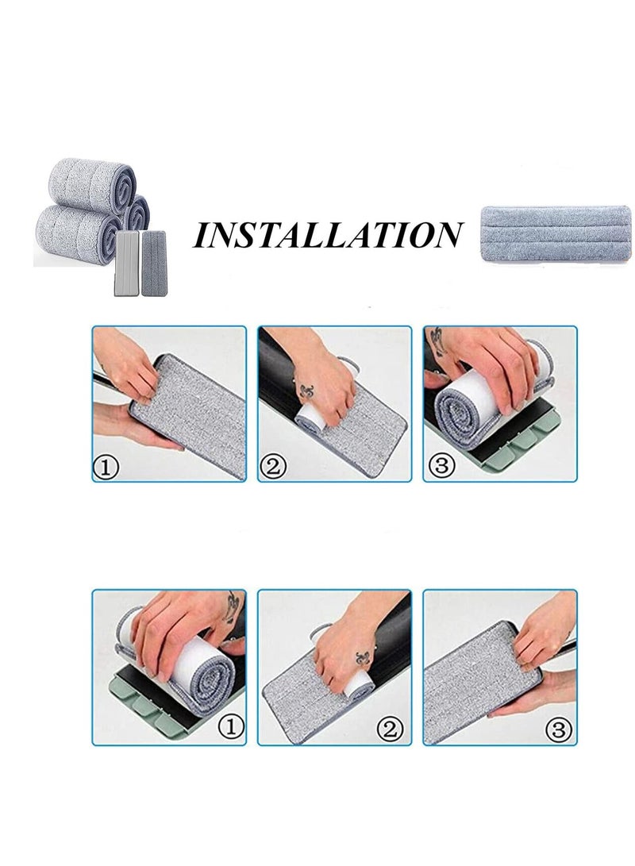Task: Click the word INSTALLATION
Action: click(328, 236)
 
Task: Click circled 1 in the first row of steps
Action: click(107, 468)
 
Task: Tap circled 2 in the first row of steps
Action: click(272, 467)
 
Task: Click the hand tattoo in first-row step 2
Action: click(305, 392)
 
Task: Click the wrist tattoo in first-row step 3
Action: click(436, 340)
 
